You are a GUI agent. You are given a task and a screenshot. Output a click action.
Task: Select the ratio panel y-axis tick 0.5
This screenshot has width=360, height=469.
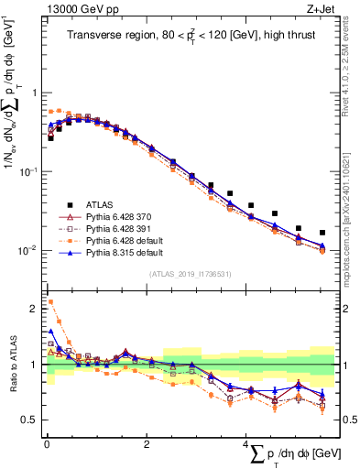pos(31,420)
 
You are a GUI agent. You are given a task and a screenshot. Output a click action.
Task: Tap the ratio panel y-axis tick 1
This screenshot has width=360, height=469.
pos(35,365)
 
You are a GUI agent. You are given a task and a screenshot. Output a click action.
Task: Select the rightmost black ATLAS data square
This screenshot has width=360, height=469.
pos(322,233)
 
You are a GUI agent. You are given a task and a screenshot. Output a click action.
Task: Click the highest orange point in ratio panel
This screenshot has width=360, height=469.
pos(50,301)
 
